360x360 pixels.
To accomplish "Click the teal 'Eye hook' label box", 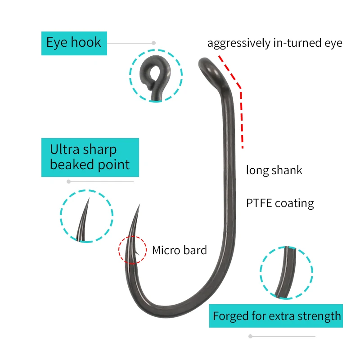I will coord(74,43).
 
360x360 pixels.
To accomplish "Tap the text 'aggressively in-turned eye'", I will coord(274,43).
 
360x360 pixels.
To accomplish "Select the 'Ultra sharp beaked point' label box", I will coord(90,157).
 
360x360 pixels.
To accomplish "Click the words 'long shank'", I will coord(274,170).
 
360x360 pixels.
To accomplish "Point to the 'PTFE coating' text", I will coord(280,203).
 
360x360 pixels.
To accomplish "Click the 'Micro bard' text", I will coord(179,250).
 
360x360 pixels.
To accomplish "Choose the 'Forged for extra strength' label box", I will coord(276,316).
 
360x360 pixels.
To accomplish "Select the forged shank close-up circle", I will coord(286,272).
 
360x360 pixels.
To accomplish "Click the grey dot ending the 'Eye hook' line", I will coord(153,43).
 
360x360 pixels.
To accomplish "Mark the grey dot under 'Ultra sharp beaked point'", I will coord(68,182).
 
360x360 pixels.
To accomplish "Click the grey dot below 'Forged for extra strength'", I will coord(250,336).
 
